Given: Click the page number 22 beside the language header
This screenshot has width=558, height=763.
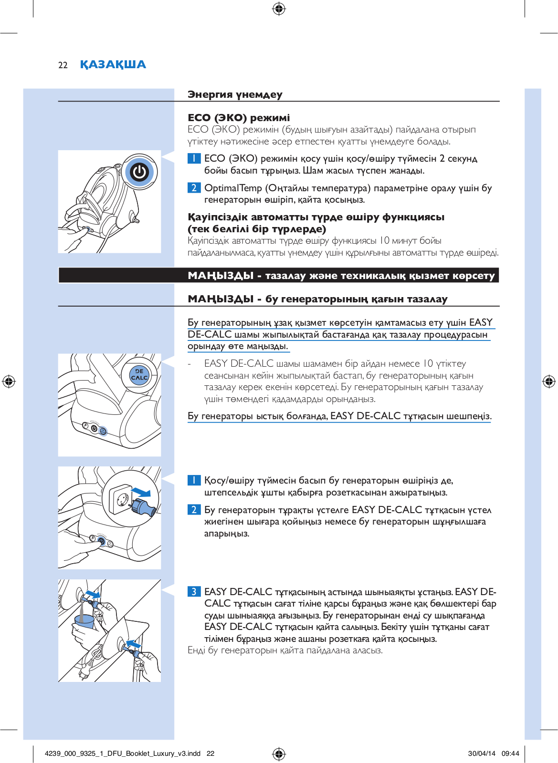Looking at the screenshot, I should click(63, 65).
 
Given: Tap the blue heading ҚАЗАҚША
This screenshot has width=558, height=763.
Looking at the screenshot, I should click(113, 64).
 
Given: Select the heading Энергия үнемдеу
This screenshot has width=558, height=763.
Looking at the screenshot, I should click(235, 94).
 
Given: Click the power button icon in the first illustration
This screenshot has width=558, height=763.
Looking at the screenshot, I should click(139, 172).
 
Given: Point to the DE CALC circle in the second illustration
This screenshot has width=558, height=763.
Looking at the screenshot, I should click(139, 374).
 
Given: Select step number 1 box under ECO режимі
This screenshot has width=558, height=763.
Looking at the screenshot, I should click(194, 158).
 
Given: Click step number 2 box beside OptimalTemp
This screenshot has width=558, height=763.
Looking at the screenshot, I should click(194, 188).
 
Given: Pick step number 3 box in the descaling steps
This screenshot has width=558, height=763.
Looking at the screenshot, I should click(194, 592).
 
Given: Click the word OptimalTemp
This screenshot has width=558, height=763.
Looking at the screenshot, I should click(233, 188).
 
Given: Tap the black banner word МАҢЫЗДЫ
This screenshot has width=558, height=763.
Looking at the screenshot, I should click(221, 276).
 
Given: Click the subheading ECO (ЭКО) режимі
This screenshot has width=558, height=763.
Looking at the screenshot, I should click(239, 118).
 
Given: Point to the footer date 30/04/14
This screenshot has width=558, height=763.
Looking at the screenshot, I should click(481, 753).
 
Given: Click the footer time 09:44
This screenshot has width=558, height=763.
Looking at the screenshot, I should click(510, 753).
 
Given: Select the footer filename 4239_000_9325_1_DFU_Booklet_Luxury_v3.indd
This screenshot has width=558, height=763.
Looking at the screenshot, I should click(122, 753).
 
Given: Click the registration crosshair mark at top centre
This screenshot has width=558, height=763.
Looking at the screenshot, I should click(279, 9).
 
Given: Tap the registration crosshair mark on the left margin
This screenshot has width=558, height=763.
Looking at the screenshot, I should click(9, 381).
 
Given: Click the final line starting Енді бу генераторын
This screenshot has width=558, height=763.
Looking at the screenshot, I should click(285, 650).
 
